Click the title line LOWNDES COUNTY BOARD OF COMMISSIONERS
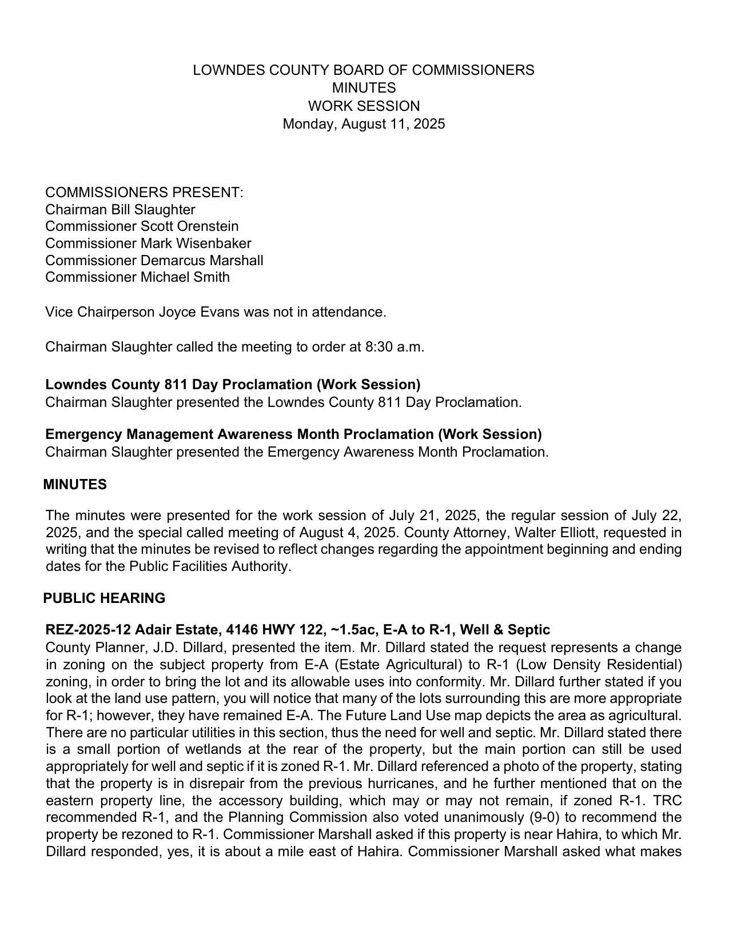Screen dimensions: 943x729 (x=364, y=70)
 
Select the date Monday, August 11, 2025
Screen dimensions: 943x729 (x=364, y=124)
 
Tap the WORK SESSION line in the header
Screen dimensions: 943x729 (x=364, y=106)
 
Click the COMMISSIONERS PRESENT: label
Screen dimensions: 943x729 (x=144, y=193)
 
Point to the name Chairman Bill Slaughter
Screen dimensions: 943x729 (x=120, y=210)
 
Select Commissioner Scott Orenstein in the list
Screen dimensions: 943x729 (x=142, y=226)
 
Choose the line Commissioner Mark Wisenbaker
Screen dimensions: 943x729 (x=148, y=243)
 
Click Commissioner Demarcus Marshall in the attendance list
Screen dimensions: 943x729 (x=154, y=261)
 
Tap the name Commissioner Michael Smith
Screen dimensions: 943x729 (x=137, y=277)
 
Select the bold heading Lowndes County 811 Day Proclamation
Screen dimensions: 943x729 (x=233, y=385)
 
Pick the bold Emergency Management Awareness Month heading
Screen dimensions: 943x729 (x=293, y=434)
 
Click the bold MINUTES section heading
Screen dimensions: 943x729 (x=75, y=485)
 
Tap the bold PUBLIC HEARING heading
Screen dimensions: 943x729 (x=104, y=598)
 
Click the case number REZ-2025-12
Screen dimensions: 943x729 (x=88, y=630)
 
